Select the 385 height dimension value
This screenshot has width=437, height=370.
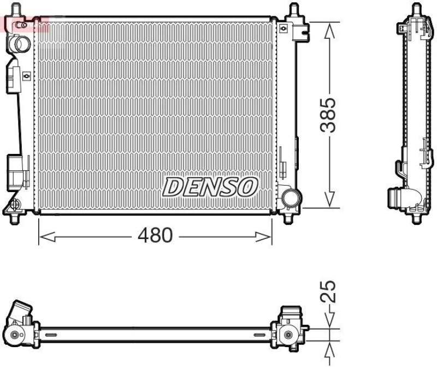(328, 115)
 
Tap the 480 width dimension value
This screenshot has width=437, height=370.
(155, 236)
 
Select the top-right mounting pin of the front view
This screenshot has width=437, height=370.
(294, 9)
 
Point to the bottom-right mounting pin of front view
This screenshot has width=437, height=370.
(289, 219)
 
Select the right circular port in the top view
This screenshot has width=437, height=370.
(288, 335)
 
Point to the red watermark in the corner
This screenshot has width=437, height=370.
(25, 23)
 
